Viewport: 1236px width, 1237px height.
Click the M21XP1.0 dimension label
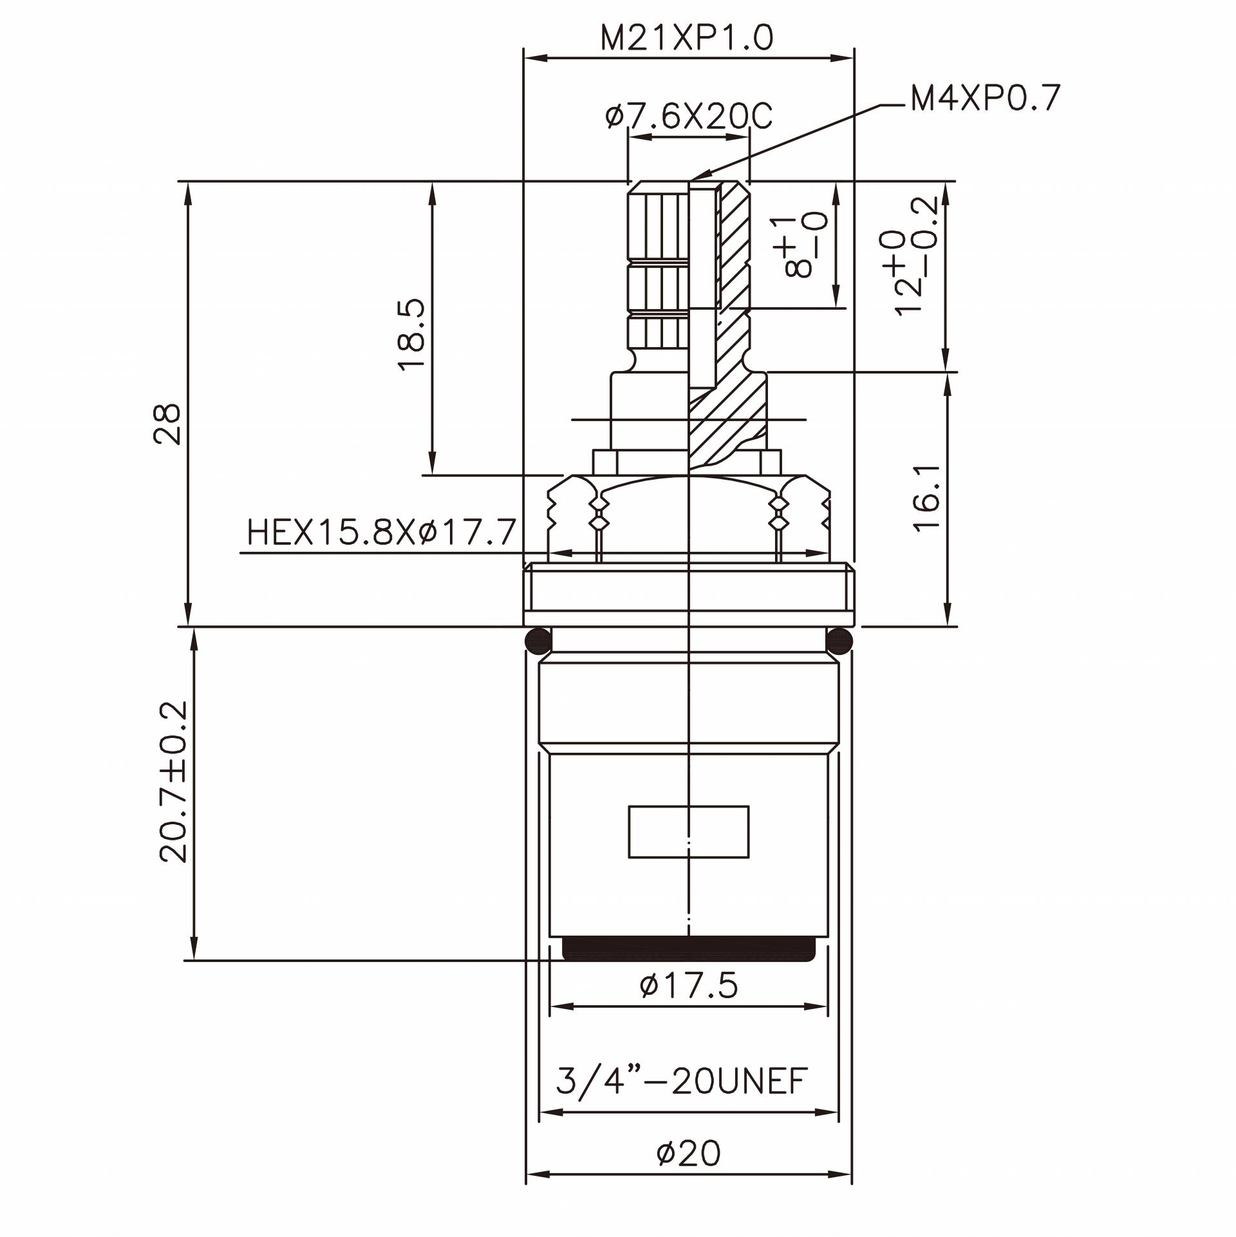(x=687, y=39)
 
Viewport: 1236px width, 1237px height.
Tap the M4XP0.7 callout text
(x=985, y=99)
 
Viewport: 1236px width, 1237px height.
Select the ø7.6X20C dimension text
(x=688, y=118)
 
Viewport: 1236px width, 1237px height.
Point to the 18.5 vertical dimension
(x=413, y=334)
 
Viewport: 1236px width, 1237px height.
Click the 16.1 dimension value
(x=928, y=498)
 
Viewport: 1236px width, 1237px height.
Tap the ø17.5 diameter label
(x=689, y=986)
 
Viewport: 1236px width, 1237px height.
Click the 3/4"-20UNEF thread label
(x=682, y=1082)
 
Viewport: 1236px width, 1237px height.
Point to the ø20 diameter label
(x=688, y=1153)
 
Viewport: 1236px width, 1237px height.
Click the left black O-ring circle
(x=538, y=640)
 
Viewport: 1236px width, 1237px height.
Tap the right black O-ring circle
(x=839, y=640)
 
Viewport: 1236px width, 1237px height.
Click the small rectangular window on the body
(x=688, y=831)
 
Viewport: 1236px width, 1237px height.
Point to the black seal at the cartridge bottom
(x=689, y=948)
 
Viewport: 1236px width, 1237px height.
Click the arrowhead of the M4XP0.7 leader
(x=697, y=176)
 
